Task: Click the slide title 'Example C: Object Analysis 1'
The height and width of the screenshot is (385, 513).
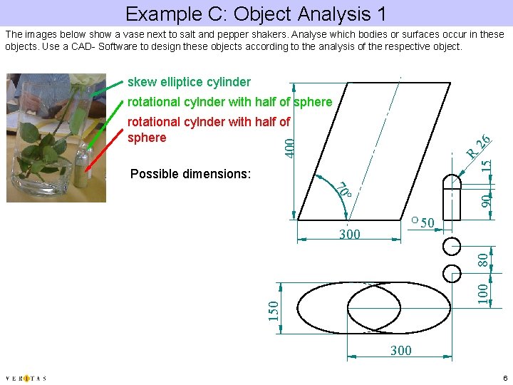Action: pyautogui.click(x=258, y=13)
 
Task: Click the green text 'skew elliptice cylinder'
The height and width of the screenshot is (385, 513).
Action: pyautogui.click(x=189, y=82)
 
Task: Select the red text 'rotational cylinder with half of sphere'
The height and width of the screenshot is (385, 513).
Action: pyautogui.click(x=208, y=130)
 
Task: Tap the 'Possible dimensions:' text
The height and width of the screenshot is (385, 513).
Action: pyautogui.click(x=190, y=174)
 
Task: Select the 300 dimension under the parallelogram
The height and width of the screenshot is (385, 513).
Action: pyautogui.click(x=349, y=234)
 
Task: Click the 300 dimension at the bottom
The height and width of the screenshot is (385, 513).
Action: pyautogui.click(x=401, y=350)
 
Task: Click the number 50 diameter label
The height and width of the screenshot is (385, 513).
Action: pyautogui.click(x=427, y=223)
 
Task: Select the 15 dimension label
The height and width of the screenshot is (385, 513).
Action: pyautogui.click(x=486, y=163)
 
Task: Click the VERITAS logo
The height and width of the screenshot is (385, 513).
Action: pyautogui.click(x=26, y=378)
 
